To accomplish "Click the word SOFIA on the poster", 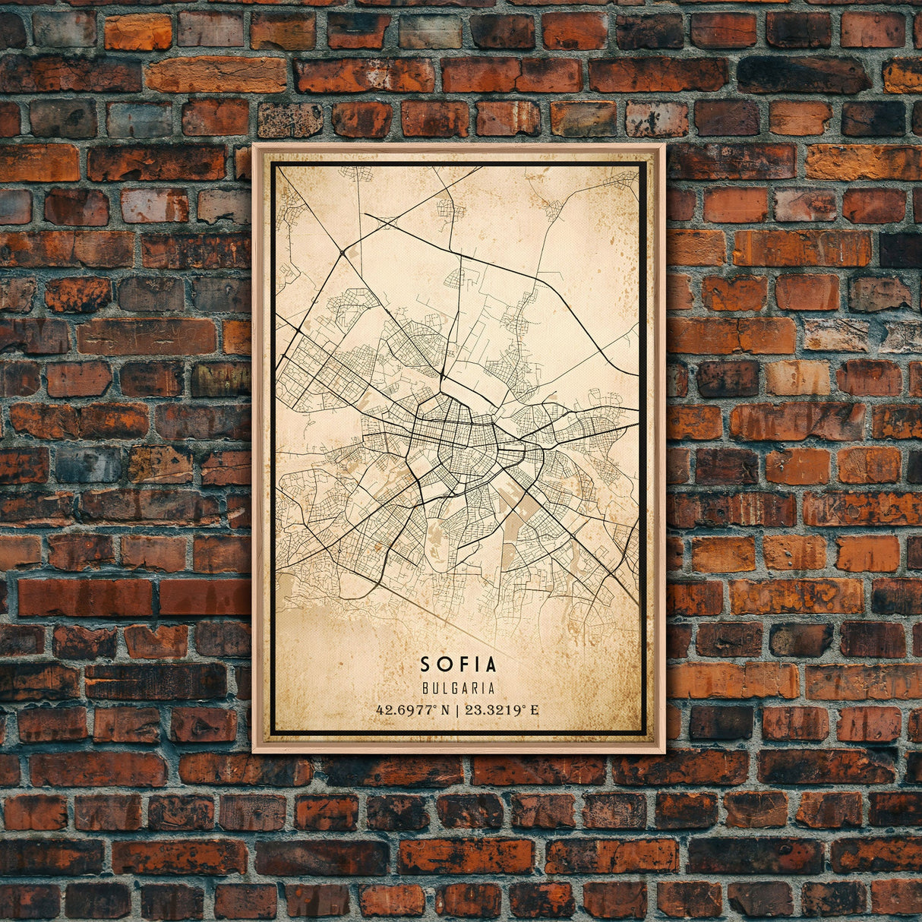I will point(458,665).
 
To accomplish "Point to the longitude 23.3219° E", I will point(502,711).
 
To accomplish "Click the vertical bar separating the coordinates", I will point(457,711).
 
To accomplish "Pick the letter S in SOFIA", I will point(425,665).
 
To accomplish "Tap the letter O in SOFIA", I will point(443,665).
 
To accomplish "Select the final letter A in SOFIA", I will point(490,665).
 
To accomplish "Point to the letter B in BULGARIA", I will point(424,689).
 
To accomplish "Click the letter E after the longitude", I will point(535,711).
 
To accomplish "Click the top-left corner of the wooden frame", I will point(254,144).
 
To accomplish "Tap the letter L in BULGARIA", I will point(444,689).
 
